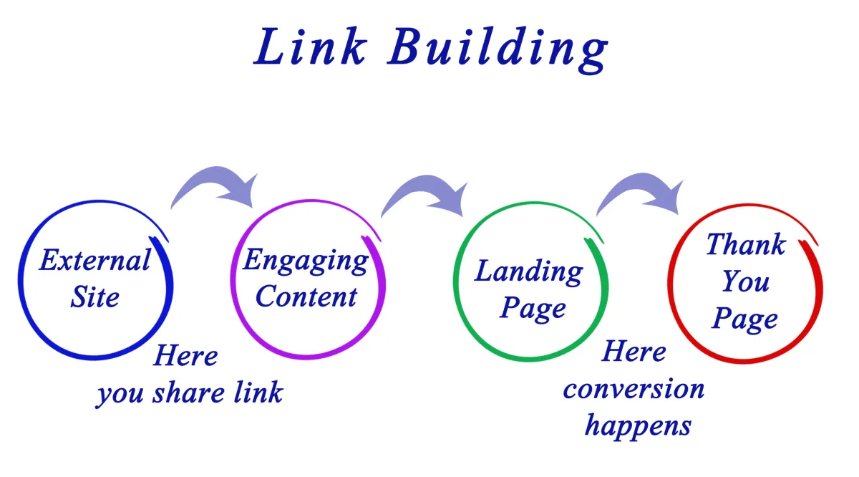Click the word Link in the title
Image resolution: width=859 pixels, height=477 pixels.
pos(310,48)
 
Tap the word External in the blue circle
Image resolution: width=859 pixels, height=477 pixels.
pos(94,260)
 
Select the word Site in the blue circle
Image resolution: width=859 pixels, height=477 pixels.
pos(94,297)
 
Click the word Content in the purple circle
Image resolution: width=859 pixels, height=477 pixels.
pos(306,297)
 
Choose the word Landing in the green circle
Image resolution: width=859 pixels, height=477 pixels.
pos(529,272)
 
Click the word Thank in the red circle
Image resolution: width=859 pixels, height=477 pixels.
pos(745,246)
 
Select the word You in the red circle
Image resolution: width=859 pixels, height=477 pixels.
pos(745,281)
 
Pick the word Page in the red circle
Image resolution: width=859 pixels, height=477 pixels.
pos(745,319)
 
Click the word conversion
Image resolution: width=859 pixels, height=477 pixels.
pos(634,389)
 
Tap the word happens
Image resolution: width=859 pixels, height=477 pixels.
pos(638,425)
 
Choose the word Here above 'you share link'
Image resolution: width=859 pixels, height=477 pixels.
pos(185,356)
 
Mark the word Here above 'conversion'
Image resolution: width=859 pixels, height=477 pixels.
pos(634,352)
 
